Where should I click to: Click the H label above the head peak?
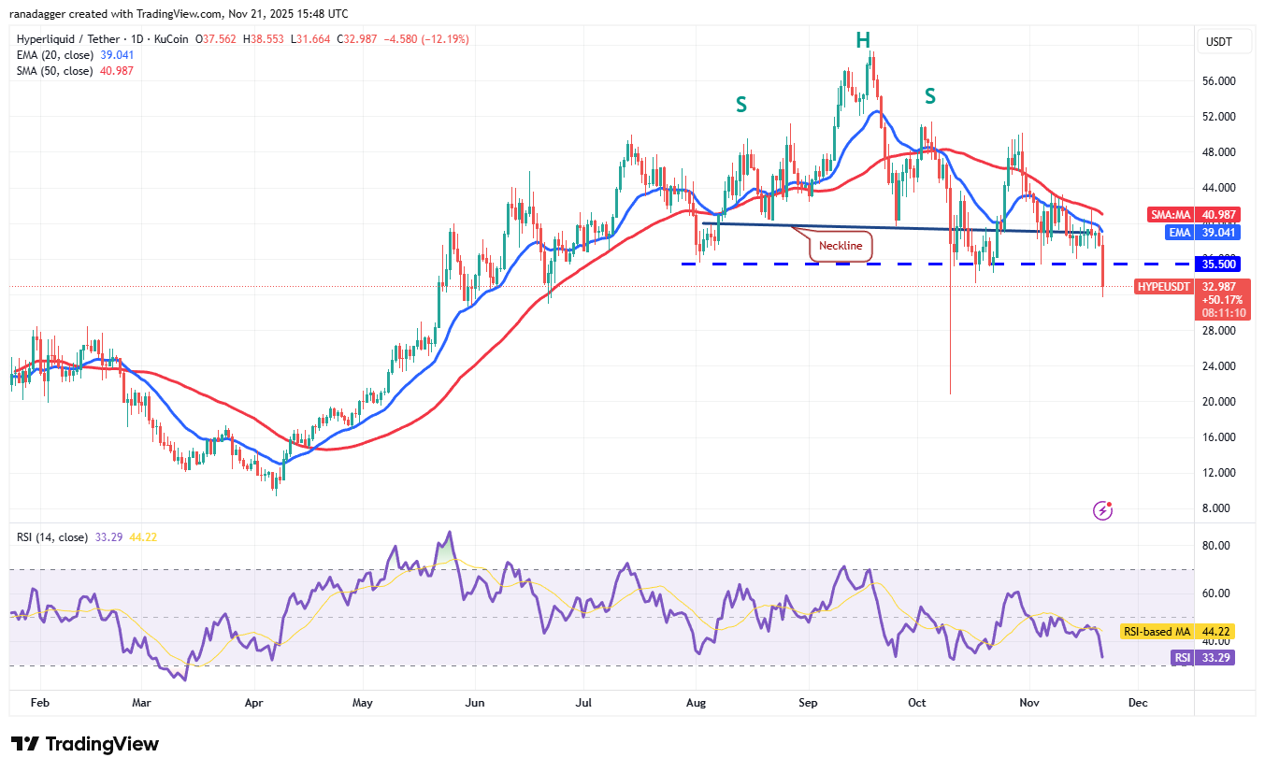click(x=863, y=40)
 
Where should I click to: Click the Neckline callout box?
click(x=841, y=247)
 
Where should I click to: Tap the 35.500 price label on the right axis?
click(x=1220, y=264)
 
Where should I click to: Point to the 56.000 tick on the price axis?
click(x=1220, y=81)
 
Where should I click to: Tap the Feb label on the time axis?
click(x=39, y=702)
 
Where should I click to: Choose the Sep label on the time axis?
click(x=809, y=702)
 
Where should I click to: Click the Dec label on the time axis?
click(x=1138, y=702)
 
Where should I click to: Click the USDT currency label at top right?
click(x=1219, y=41)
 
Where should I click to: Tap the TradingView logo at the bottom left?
click(x=85, y=744)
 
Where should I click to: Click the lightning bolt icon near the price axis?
click(x=1104, y=510)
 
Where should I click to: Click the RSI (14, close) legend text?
click(x=52, y=537)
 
